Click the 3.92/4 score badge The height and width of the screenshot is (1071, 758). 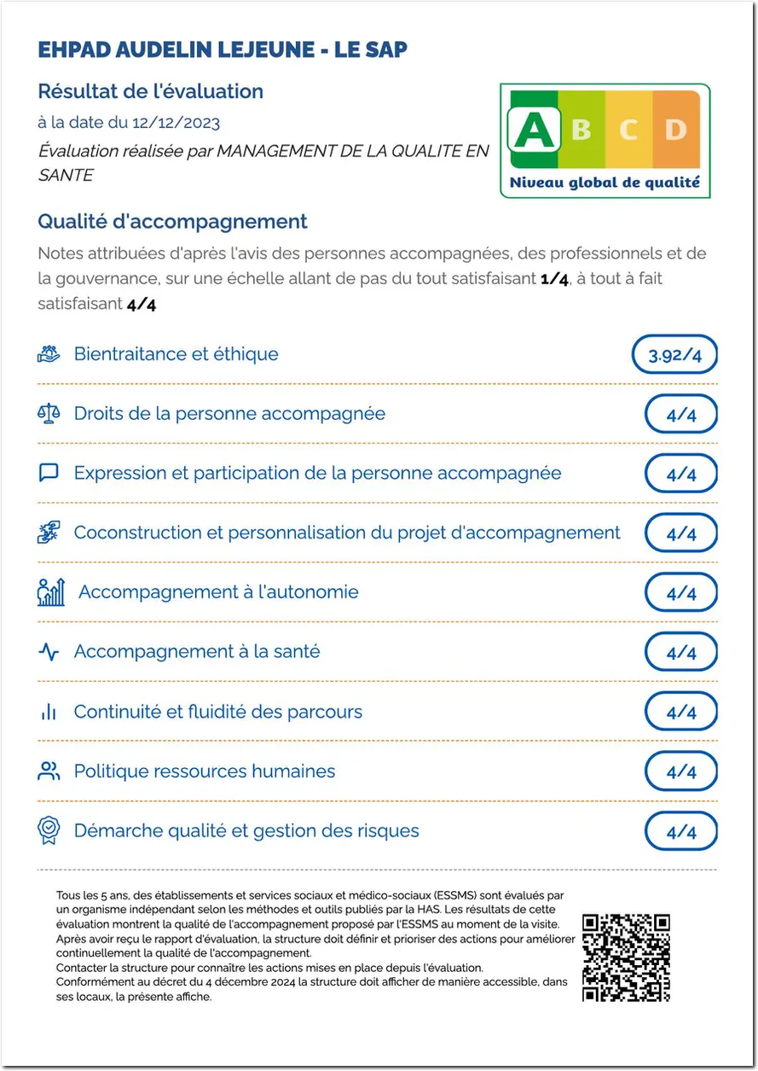674,355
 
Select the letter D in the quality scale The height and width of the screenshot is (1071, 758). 675,130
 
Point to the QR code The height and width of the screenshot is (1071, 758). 625,957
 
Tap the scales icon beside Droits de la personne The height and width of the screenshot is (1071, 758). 49,414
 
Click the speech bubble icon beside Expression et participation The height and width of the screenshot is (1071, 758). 49,473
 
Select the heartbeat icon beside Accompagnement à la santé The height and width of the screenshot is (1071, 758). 49,652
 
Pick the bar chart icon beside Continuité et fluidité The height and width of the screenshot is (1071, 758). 49,712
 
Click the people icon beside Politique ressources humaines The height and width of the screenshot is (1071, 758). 49,771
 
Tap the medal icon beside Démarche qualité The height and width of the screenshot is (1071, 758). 49,830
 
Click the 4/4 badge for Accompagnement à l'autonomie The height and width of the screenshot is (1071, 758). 680,593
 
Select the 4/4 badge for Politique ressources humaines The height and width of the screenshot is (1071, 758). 680,771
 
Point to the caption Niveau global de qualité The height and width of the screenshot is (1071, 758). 605,182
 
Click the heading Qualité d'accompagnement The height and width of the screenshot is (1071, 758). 172,222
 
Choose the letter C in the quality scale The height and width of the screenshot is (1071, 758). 628,130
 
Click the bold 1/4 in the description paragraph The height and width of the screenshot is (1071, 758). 554,279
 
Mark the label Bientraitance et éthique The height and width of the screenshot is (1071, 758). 176,354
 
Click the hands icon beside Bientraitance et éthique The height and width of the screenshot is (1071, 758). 49,354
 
